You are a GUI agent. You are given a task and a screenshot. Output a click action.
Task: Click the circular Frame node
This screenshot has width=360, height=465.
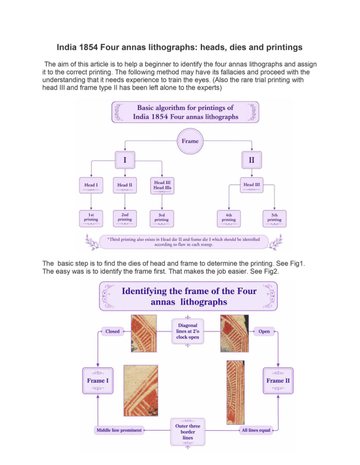tap(190, 141)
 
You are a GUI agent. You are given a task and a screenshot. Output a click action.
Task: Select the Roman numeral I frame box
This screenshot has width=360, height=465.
tap(125, 160)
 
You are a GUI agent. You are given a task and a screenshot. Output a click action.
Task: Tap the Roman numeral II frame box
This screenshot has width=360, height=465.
tap(251, 160)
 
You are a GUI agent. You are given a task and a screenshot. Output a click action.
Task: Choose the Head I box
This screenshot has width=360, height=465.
tap(91, 186)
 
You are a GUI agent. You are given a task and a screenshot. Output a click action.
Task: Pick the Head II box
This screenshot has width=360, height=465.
tap(125, 186)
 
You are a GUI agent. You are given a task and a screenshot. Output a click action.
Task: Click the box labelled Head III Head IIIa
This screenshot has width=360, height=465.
tap(162, 186)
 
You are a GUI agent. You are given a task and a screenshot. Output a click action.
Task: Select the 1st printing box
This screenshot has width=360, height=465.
tap(91, 218)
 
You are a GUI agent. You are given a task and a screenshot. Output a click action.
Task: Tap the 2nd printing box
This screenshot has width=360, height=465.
tap(125, 218)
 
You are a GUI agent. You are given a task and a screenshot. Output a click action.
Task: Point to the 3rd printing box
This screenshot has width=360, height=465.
tap(162, 218)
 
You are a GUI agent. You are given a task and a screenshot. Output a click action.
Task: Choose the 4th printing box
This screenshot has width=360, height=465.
tap(229, 218)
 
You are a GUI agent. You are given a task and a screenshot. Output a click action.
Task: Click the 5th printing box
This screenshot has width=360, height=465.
tap(274, 218)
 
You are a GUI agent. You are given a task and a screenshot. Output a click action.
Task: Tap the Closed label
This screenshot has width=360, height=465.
tap(113, 331)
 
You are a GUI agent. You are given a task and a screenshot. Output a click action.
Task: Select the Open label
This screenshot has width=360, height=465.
tap(264, 331)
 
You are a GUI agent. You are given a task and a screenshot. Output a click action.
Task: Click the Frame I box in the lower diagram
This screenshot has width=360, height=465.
tap(98, 381)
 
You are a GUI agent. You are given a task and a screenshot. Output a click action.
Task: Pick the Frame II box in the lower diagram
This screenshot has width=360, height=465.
tap(278, 381)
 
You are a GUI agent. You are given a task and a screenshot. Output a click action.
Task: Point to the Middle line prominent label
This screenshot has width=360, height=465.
tap(119, 430)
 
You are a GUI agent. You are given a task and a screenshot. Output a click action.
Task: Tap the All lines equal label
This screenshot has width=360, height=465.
tap(256, 430)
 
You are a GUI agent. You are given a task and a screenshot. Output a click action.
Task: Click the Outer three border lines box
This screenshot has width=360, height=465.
tap(188, 432)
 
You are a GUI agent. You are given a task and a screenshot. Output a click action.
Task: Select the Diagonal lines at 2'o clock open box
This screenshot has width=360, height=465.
tap(188, 331)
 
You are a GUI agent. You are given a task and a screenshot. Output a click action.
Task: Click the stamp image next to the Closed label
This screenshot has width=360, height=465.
tap(144, 334)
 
